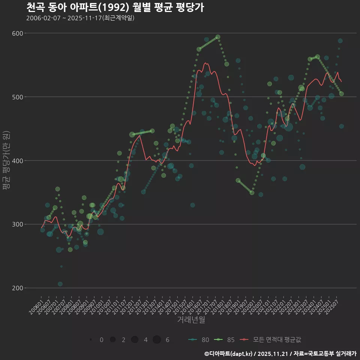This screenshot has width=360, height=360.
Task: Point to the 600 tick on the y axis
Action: coord(18,33)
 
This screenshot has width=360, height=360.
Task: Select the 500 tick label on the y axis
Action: coord(18,97)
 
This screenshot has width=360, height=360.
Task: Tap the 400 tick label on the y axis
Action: coord(18,161)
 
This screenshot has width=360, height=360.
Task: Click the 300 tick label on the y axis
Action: coord(18,224)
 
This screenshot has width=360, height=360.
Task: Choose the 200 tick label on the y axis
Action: coord(18,288)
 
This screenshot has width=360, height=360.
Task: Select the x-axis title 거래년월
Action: coord(191,320)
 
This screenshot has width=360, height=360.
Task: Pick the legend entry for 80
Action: coord(199,340)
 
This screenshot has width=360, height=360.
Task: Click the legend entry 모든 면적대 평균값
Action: coord(270,340)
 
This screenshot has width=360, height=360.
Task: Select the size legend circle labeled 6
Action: coord(157,340)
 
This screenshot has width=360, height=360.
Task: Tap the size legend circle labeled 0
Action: coord(91,340)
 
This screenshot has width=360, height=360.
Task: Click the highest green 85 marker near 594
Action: coord(218,37)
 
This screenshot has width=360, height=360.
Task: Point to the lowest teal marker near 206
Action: coord(60,284)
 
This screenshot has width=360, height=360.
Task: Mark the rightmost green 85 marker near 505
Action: coord(341,94)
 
